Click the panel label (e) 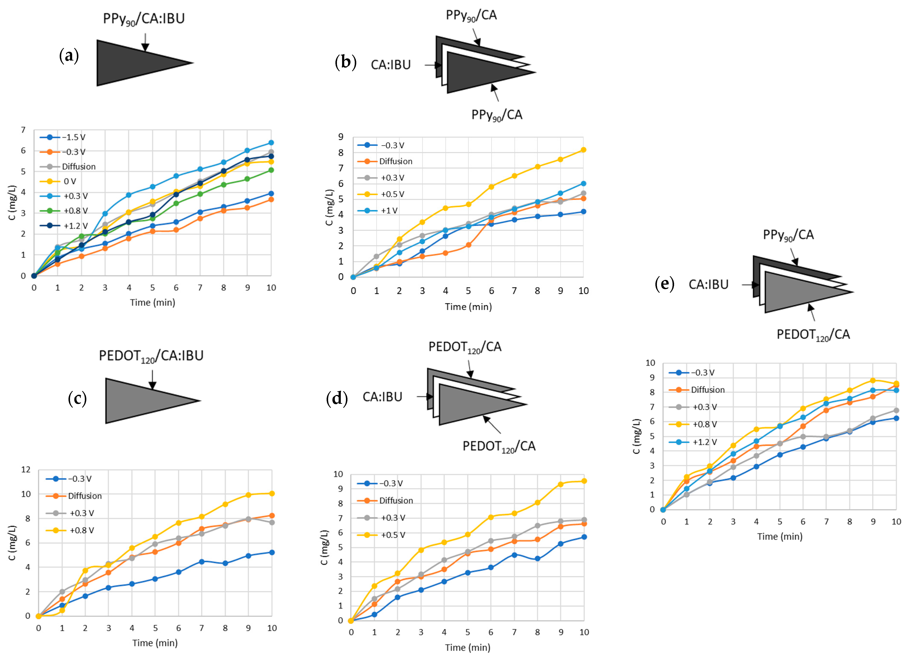[664, 284]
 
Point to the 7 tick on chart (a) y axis [23, 130]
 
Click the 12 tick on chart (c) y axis [26, 469]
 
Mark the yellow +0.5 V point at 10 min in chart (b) [583, 150]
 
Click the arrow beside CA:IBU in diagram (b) [433, 65]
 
